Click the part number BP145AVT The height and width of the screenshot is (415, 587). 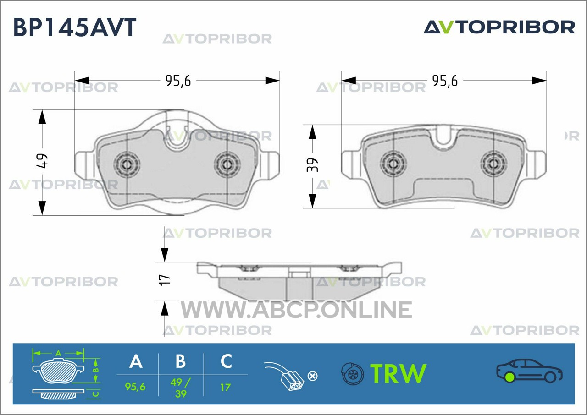(75, 27)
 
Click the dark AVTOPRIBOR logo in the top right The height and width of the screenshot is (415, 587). (499, 27)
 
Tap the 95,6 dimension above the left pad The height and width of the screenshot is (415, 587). (178, 81)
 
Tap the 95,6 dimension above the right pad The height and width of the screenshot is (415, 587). (445, 81)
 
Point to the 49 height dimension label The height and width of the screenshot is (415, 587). (42, 161)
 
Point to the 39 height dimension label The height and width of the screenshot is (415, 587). (312, 165)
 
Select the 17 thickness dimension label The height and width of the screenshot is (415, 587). (164, 280)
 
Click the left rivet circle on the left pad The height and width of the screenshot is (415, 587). (127, 164)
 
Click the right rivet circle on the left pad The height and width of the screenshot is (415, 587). (227, 164)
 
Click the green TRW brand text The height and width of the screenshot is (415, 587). (399, 373)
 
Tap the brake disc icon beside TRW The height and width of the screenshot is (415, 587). (353, 373)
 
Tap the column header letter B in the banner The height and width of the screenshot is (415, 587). (181, 361)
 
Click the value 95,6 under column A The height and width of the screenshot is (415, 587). (135, 387)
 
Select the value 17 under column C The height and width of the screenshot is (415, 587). (225, 387)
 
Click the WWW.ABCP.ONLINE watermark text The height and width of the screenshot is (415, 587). (296, 310)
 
